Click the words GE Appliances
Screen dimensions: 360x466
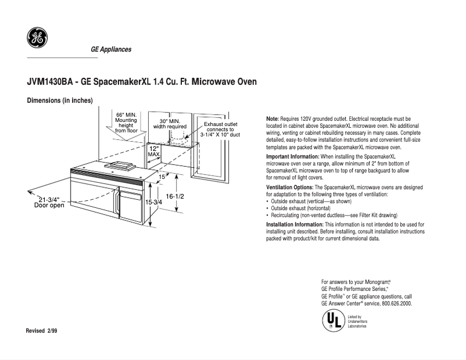pos(110,49)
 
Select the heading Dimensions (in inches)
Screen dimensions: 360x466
pos(60,100)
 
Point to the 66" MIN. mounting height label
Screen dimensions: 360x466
pos(126,123)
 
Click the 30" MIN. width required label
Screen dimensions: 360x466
pos(170,123)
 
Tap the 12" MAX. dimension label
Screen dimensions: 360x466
pos(153,152)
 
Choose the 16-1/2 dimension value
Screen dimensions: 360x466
pos(174,196)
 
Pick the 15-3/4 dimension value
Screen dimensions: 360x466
pos(153,201)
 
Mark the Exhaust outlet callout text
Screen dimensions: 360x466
pos(220,129)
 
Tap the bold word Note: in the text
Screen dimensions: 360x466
pos(273,118)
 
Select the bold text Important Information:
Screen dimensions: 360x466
pos(292,157)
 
